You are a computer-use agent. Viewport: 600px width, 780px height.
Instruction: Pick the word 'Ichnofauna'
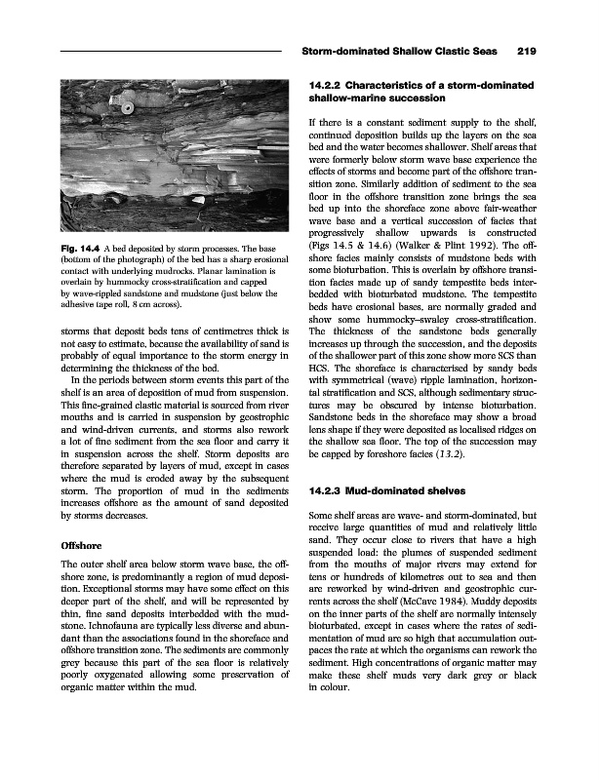92,637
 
